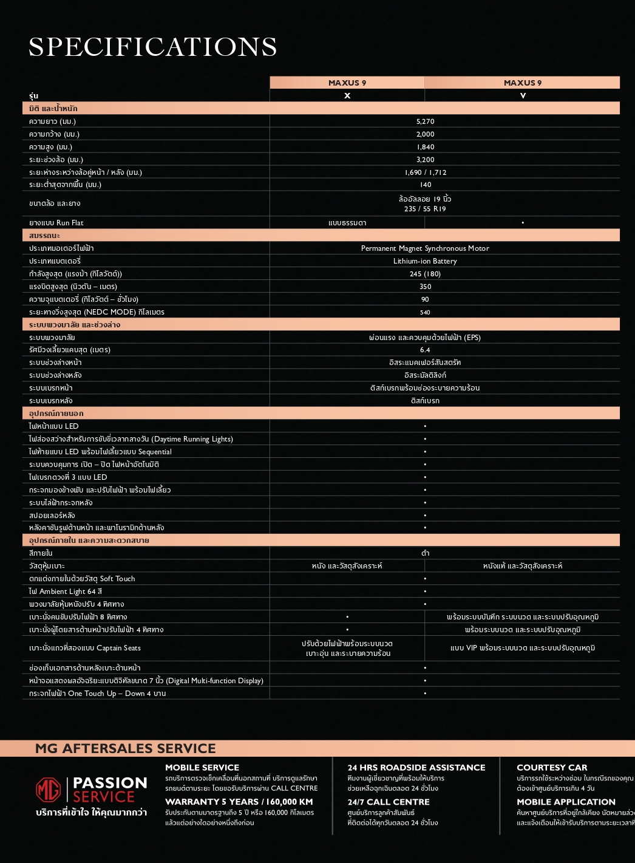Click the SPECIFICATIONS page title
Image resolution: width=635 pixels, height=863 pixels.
(152, 47)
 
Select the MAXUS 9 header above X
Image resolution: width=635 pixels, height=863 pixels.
(347, 83)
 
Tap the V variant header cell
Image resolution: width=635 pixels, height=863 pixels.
(523, 95)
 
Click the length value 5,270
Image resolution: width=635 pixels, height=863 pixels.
(425, 121)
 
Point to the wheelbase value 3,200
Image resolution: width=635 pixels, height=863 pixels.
(425, 160)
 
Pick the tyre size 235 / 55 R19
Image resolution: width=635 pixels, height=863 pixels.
(425, 209)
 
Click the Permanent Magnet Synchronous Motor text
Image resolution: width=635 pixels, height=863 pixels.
(425, 248)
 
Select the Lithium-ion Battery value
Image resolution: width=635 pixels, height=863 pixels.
(425, 261)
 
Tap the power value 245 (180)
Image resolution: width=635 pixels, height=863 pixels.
(425, 274)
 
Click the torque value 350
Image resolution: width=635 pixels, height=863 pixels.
(425, 287)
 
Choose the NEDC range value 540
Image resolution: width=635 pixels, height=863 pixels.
(425, 312)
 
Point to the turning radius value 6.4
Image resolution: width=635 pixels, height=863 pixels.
(425, 350)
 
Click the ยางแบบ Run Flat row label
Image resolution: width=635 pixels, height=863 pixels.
(56, 223)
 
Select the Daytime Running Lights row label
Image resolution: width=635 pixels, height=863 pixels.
(131, 439)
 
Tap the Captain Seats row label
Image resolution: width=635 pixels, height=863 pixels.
(85, 648)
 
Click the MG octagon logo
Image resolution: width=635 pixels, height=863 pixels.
(49, 790)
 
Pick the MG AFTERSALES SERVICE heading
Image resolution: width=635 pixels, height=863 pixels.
(126, 748)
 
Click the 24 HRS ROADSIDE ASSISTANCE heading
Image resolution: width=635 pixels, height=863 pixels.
(416, 768)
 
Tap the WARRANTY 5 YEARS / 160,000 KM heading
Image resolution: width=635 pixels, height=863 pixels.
(239, 802)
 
